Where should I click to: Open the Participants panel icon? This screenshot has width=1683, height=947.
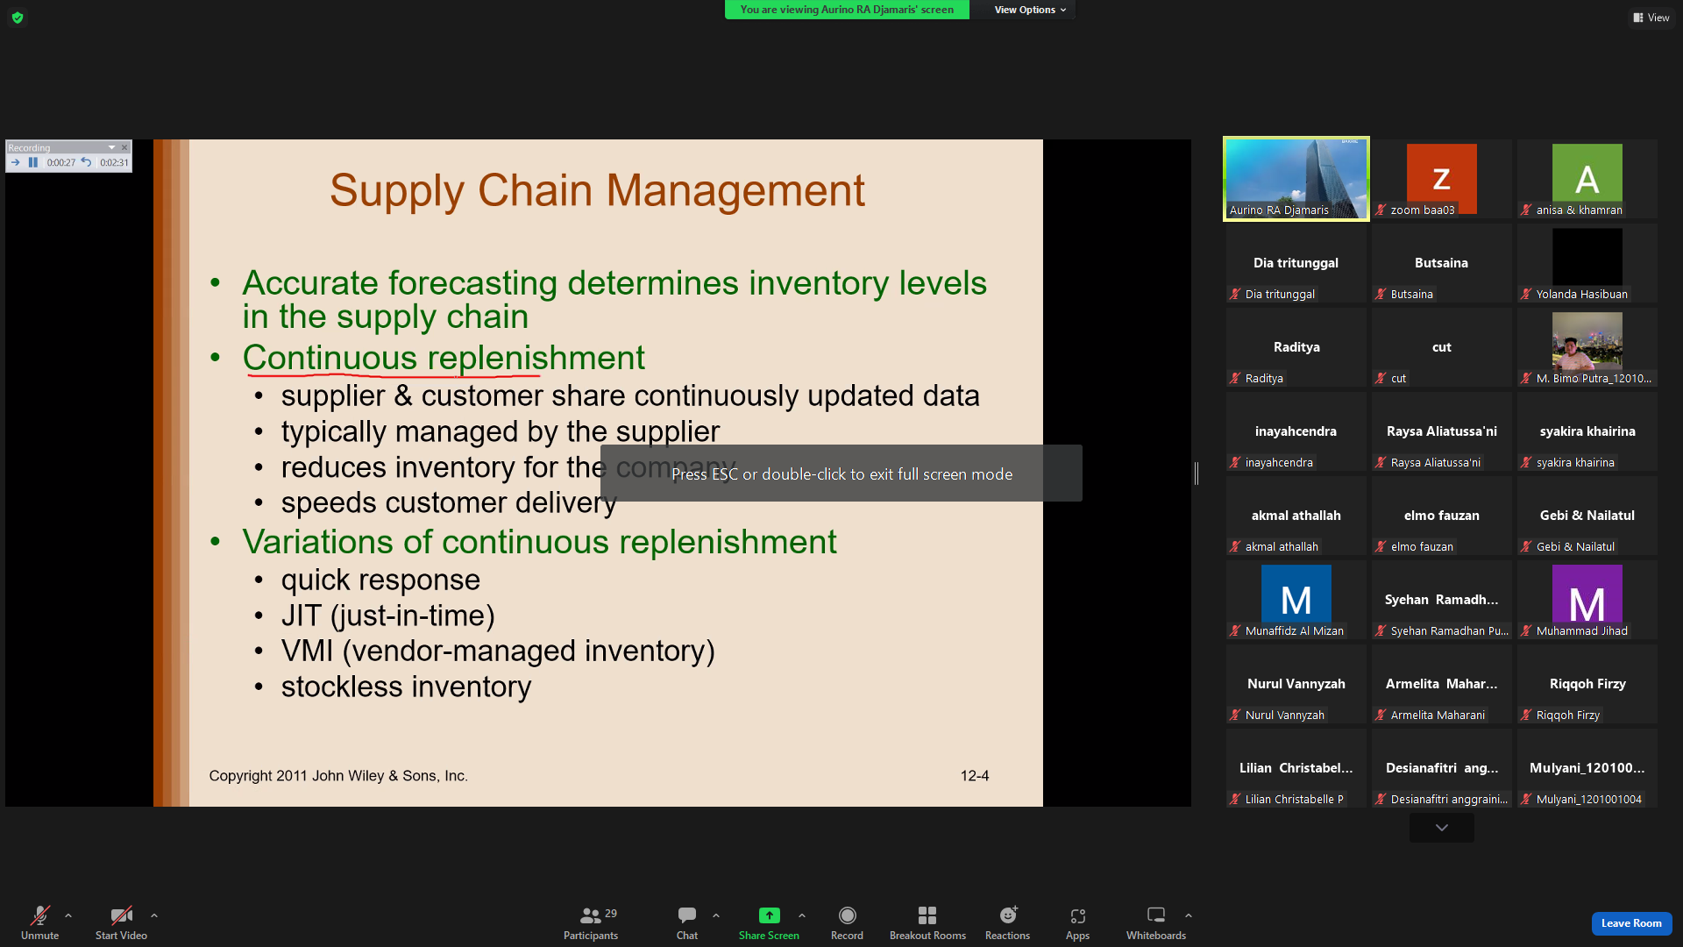tap(591, 915)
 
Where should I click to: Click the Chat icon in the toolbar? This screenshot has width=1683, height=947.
tap(687, 915)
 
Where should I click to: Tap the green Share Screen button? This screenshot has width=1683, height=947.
tap(769, 915)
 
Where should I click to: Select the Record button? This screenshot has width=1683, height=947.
tap(847, 915)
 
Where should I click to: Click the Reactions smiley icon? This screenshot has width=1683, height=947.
tap(1008, 915)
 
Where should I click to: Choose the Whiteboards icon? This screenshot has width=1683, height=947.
tap(1156, 915)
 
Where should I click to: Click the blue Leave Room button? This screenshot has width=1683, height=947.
tap(1631, 923)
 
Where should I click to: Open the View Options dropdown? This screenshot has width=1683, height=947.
tap(1030, 10)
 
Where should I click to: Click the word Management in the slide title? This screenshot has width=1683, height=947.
tap(735, 190)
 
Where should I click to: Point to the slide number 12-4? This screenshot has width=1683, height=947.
tap(975, 776)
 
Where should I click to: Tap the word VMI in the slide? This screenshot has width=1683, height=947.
tap(307, 652)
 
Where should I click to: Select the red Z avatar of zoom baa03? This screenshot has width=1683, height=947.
tap(1441, 178)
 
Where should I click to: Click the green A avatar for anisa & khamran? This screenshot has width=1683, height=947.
tap(1587, 178)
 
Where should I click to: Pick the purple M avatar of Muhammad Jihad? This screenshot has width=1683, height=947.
tap(1587, 599)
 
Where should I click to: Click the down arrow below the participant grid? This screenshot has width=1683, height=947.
tap(1441, 828)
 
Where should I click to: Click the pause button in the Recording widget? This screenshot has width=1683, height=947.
tap(32, 162)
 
